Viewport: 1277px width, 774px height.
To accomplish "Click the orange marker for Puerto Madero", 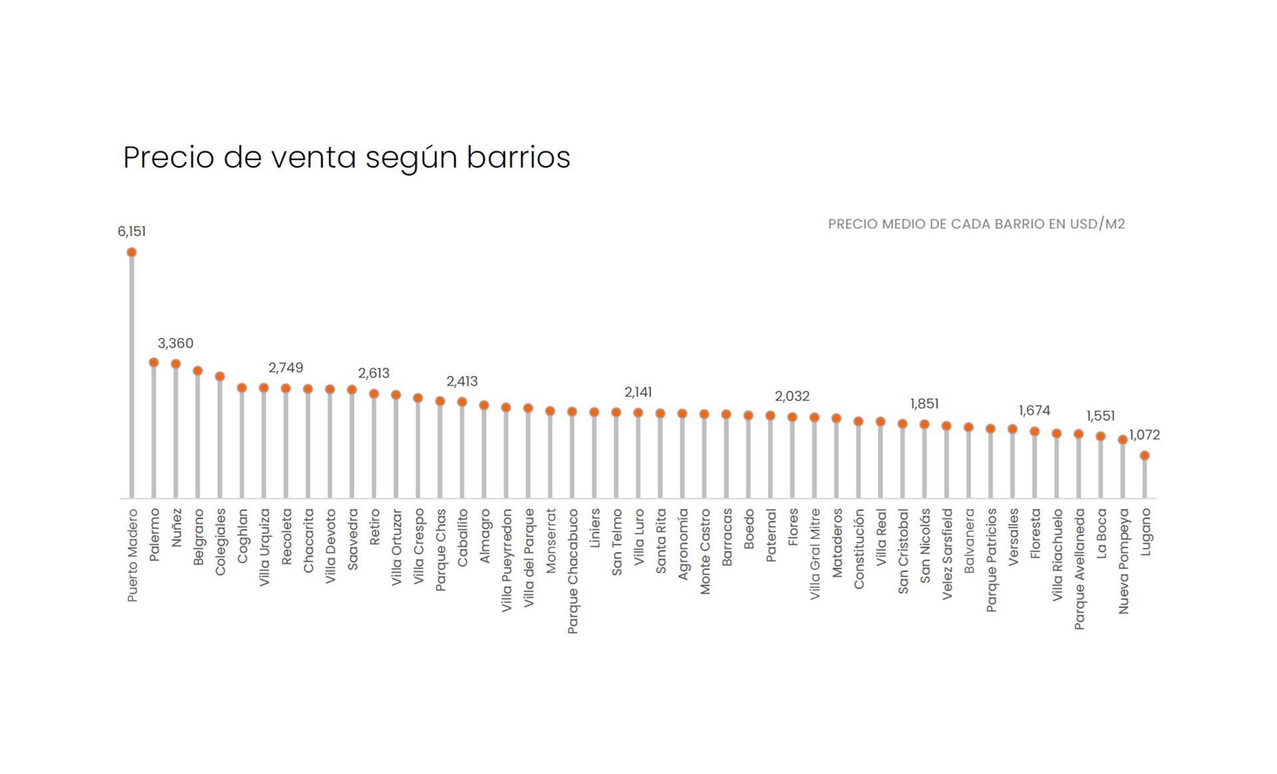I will (x=132, y=252).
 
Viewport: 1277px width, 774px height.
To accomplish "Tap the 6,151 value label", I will (x=132, y=231).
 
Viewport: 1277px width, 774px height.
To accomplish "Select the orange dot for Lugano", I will (x=1145, y=455).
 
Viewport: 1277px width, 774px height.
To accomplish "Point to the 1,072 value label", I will (x=1145, y=435).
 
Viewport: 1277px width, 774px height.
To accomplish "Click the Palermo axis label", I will (x=154, y=535).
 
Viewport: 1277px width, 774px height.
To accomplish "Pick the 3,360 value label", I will (x=176, y=343).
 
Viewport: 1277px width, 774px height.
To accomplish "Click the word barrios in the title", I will (x=518, y=158).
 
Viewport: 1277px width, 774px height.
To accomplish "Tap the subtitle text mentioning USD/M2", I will (x=976, y=224).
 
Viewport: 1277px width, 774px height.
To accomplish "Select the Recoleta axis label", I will (x=287, y=537).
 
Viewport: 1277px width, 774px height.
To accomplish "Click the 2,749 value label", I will (x=286, y=368).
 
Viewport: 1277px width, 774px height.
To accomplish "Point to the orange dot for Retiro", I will (x=374, y=394).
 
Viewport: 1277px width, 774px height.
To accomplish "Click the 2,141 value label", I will (x=638, y=392).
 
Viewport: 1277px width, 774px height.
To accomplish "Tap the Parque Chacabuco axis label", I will (x=573, y=571).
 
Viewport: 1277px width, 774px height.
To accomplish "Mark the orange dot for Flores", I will (x=792, y=417).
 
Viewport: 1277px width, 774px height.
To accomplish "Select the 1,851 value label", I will (x=924, y=404).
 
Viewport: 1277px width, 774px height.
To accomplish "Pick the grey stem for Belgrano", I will (x=198, y=436).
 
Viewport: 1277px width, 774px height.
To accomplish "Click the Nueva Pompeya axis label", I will (x=1123, y=561).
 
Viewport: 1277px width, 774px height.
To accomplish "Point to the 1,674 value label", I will (x=1034, y=411).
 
